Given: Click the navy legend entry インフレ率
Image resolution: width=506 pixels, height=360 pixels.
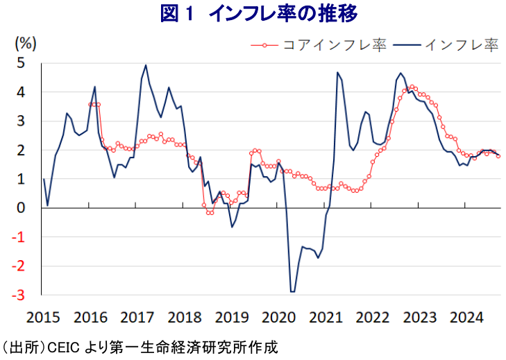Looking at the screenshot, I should point(462,45).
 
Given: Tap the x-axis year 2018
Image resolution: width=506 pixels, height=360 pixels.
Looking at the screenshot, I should point(184,318).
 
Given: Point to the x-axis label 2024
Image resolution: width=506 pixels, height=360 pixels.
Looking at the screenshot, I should point(466,318).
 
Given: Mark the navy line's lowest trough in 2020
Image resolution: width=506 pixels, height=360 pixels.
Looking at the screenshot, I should point(292,292).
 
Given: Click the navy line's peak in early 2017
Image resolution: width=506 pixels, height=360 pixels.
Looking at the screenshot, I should point(146,65).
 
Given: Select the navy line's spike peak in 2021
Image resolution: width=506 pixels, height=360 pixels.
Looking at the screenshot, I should point(337,72).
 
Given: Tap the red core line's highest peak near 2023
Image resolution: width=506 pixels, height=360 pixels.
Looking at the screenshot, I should point(412,87).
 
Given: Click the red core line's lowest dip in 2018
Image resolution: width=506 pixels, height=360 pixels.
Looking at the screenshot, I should point(210,213).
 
